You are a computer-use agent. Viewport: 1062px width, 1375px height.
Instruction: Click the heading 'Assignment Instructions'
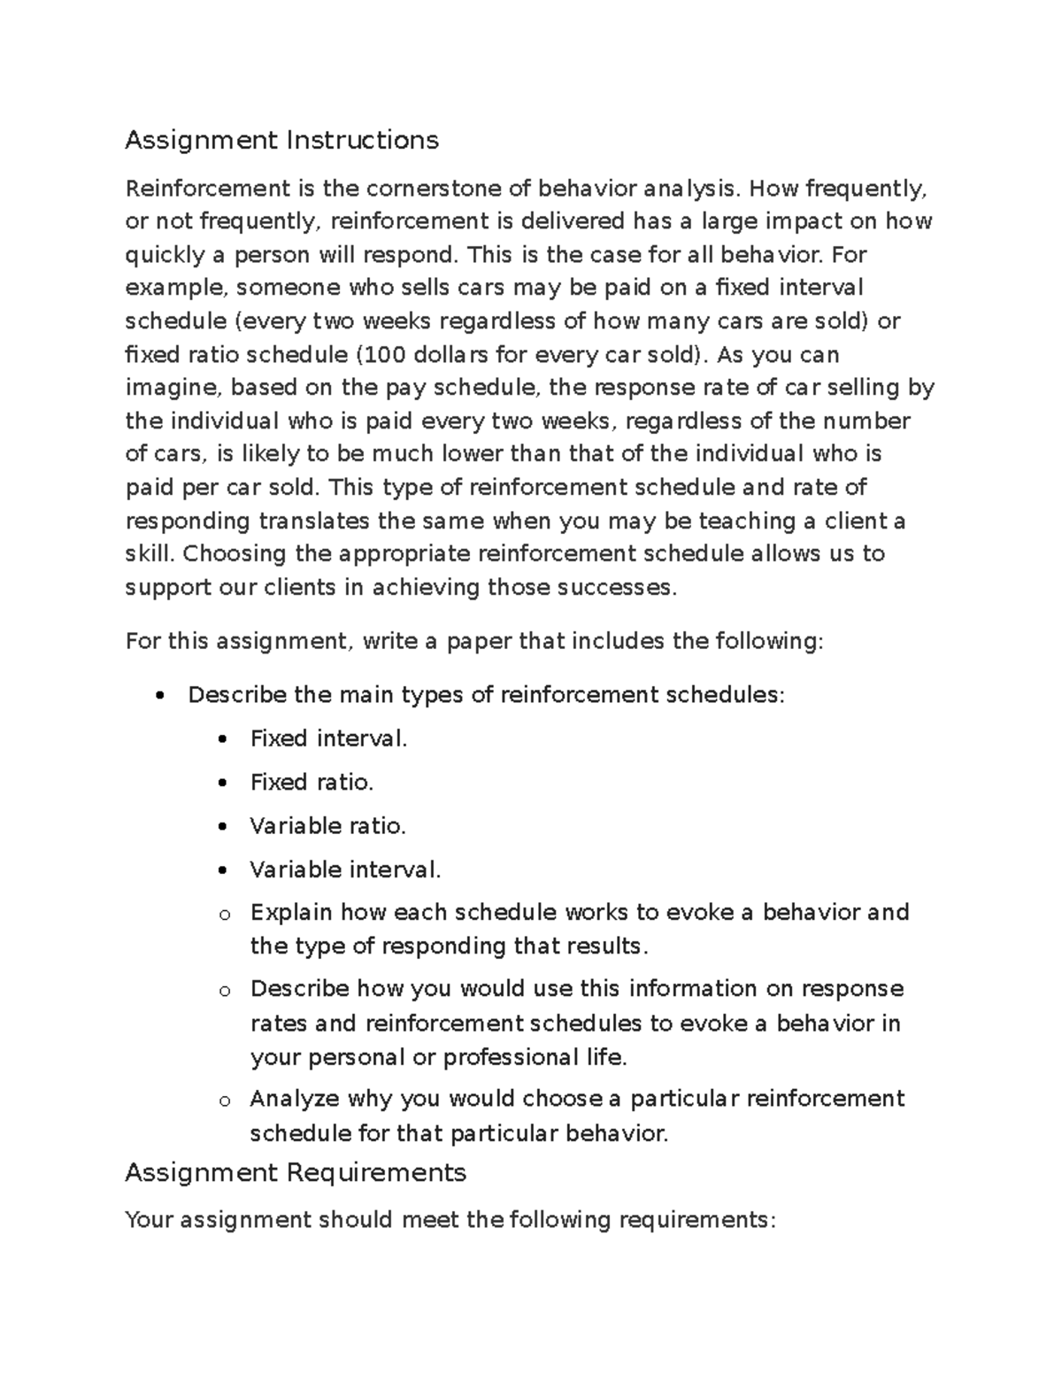[x=281, y=140]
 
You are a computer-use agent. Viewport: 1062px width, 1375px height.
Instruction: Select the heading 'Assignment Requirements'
[x=296, y=1173]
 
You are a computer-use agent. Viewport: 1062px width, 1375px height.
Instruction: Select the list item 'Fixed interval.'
[x=328, y=738]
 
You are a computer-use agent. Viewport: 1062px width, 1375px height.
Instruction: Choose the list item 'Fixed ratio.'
[x=312, y=783]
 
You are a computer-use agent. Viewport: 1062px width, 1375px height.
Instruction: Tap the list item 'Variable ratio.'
[x=327, y=826]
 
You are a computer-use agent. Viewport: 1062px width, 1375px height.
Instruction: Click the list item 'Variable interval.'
[x=344, y=870]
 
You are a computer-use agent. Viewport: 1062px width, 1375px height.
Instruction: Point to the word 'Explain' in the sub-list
[x=291, y=912]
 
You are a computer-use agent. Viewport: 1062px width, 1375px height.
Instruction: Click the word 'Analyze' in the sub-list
[x=295, y=1100]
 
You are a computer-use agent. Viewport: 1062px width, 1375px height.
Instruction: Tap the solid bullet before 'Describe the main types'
[x=159, y=696]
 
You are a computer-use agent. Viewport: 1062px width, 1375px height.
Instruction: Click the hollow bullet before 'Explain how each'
[x=224, y=915]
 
